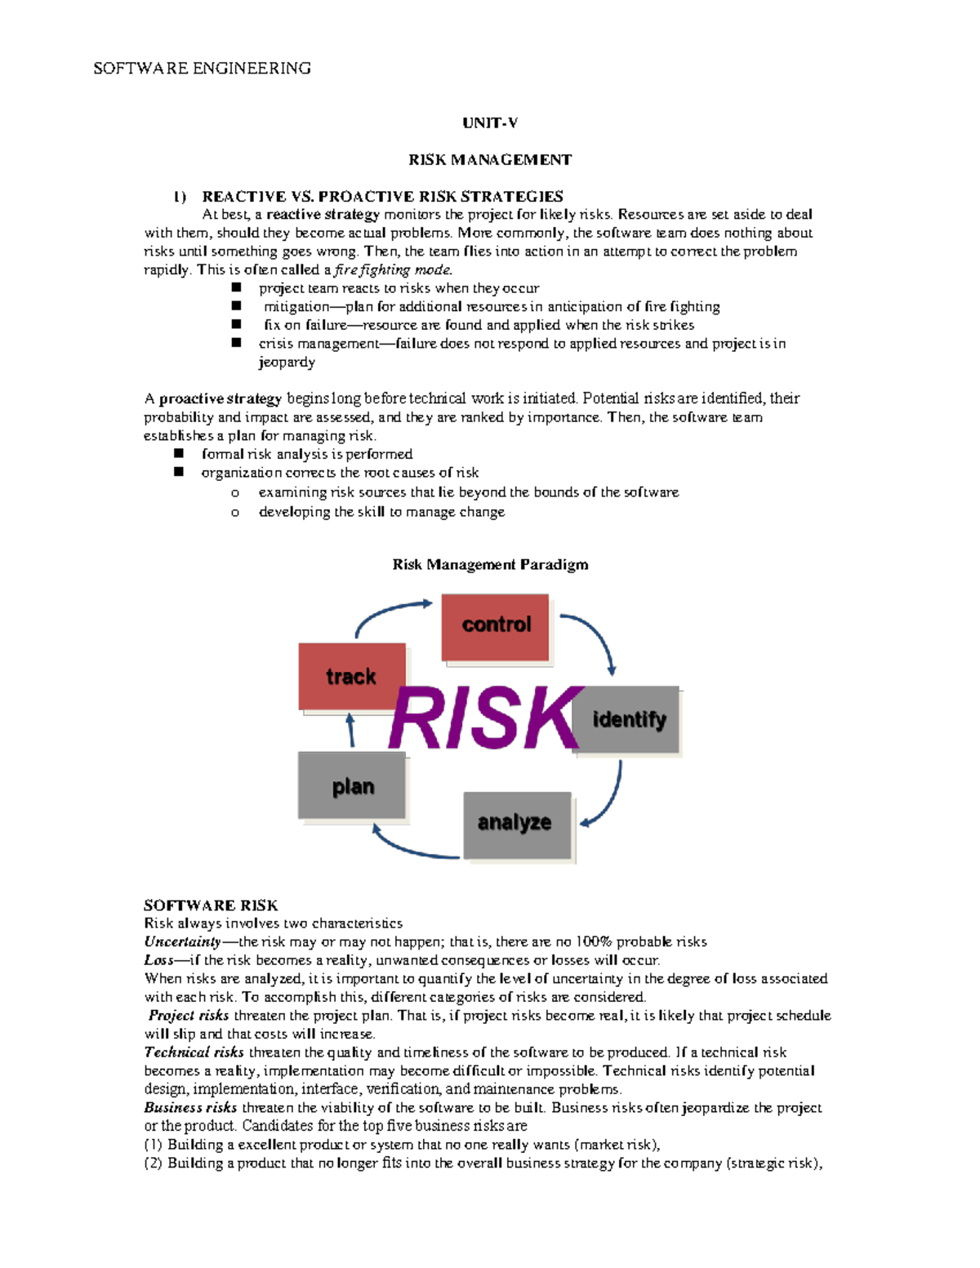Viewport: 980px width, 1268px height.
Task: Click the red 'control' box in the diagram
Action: pos(496,626)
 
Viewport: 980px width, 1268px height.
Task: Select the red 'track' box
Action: pos(352,676)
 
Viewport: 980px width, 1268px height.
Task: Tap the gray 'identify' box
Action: pos(629,719)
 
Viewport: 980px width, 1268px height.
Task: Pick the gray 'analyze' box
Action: pos(516,823)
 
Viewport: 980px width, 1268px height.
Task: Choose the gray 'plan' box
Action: pos(352,785)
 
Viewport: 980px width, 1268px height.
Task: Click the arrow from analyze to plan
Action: pos(412,848)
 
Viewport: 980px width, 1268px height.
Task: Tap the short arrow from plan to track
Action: pos(351,730)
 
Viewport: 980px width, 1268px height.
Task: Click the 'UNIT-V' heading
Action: pos(490,123)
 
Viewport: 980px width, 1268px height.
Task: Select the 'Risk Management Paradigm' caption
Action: pos(490,564)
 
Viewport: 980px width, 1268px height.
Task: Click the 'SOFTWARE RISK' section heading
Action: pos(211,905)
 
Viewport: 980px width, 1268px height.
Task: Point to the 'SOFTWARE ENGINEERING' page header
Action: pos(202,68)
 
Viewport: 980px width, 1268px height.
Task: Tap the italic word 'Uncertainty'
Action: pos(182,941)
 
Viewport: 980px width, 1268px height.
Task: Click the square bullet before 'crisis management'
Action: pos(237,343)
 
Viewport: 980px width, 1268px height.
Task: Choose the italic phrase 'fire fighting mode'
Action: pos(392,269)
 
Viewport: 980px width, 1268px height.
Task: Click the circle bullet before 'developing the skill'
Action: pos(235,513)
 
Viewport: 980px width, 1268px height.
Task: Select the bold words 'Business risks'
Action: pos(190,1107)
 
